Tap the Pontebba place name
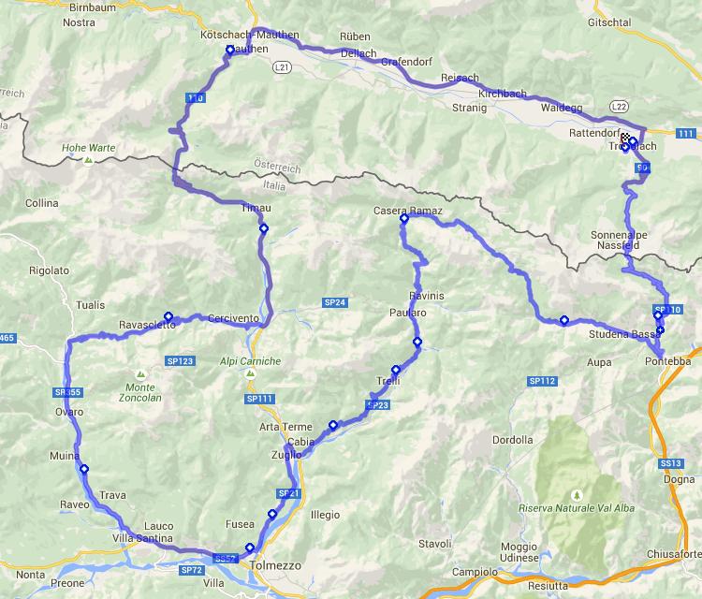[x=666, y=360]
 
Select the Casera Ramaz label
[x=407, y=210]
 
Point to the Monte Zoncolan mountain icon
[x=139, y=373]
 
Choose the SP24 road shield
[x=335, y=302]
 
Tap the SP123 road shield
[x=180, y=360]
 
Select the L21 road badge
[x=283, y=67]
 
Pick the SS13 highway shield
[x=670, y=463]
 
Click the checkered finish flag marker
[x=625, y=139]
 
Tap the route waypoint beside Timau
[x=263, y=228]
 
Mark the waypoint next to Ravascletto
[x=168, y=316]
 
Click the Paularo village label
[x=408, y=313]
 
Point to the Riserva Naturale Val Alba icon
[x=575, y=492]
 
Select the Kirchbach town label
[x=502, y=95]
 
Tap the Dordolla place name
[x=511, y=440]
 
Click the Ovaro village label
[x=69, y=412]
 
